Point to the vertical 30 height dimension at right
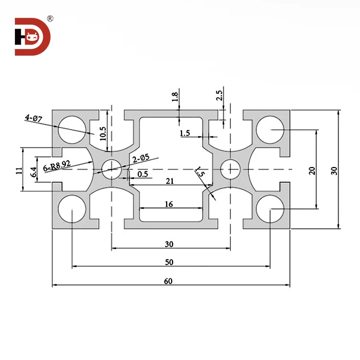tap(334, 169)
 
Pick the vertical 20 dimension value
tap(312, 170)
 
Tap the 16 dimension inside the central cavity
tap(168, 204)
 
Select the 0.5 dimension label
tap(143, 174)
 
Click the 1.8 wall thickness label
tap(175, 96)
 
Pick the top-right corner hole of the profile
tap(270, 130)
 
